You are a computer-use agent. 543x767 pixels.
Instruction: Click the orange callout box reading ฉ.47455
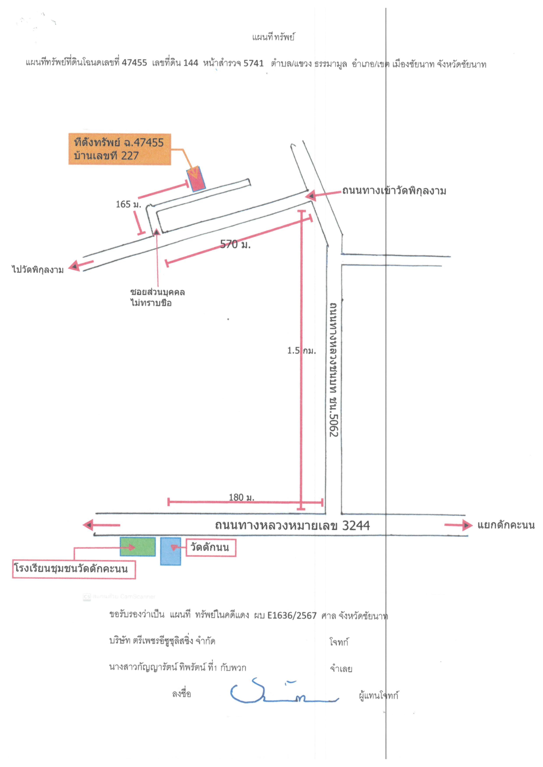120,149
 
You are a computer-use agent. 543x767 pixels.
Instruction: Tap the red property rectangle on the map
196,179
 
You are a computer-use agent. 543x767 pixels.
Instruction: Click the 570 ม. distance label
235,244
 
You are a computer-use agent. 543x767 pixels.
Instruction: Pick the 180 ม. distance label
242,497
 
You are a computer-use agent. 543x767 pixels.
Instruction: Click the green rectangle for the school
138,547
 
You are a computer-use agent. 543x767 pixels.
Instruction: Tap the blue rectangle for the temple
171,551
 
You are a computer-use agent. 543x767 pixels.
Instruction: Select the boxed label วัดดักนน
211,547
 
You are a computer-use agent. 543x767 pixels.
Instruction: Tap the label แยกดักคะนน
506,525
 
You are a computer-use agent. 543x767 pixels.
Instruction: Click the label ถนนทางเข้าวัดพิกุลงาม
394,191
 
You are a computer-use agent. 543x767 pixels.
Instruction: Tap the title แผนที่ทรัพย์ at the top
273,37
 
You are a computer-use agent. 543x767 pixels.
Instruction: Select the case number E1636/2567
292,615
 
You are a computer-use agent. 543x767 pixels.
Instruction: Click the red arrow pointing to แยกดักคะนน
458,525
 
